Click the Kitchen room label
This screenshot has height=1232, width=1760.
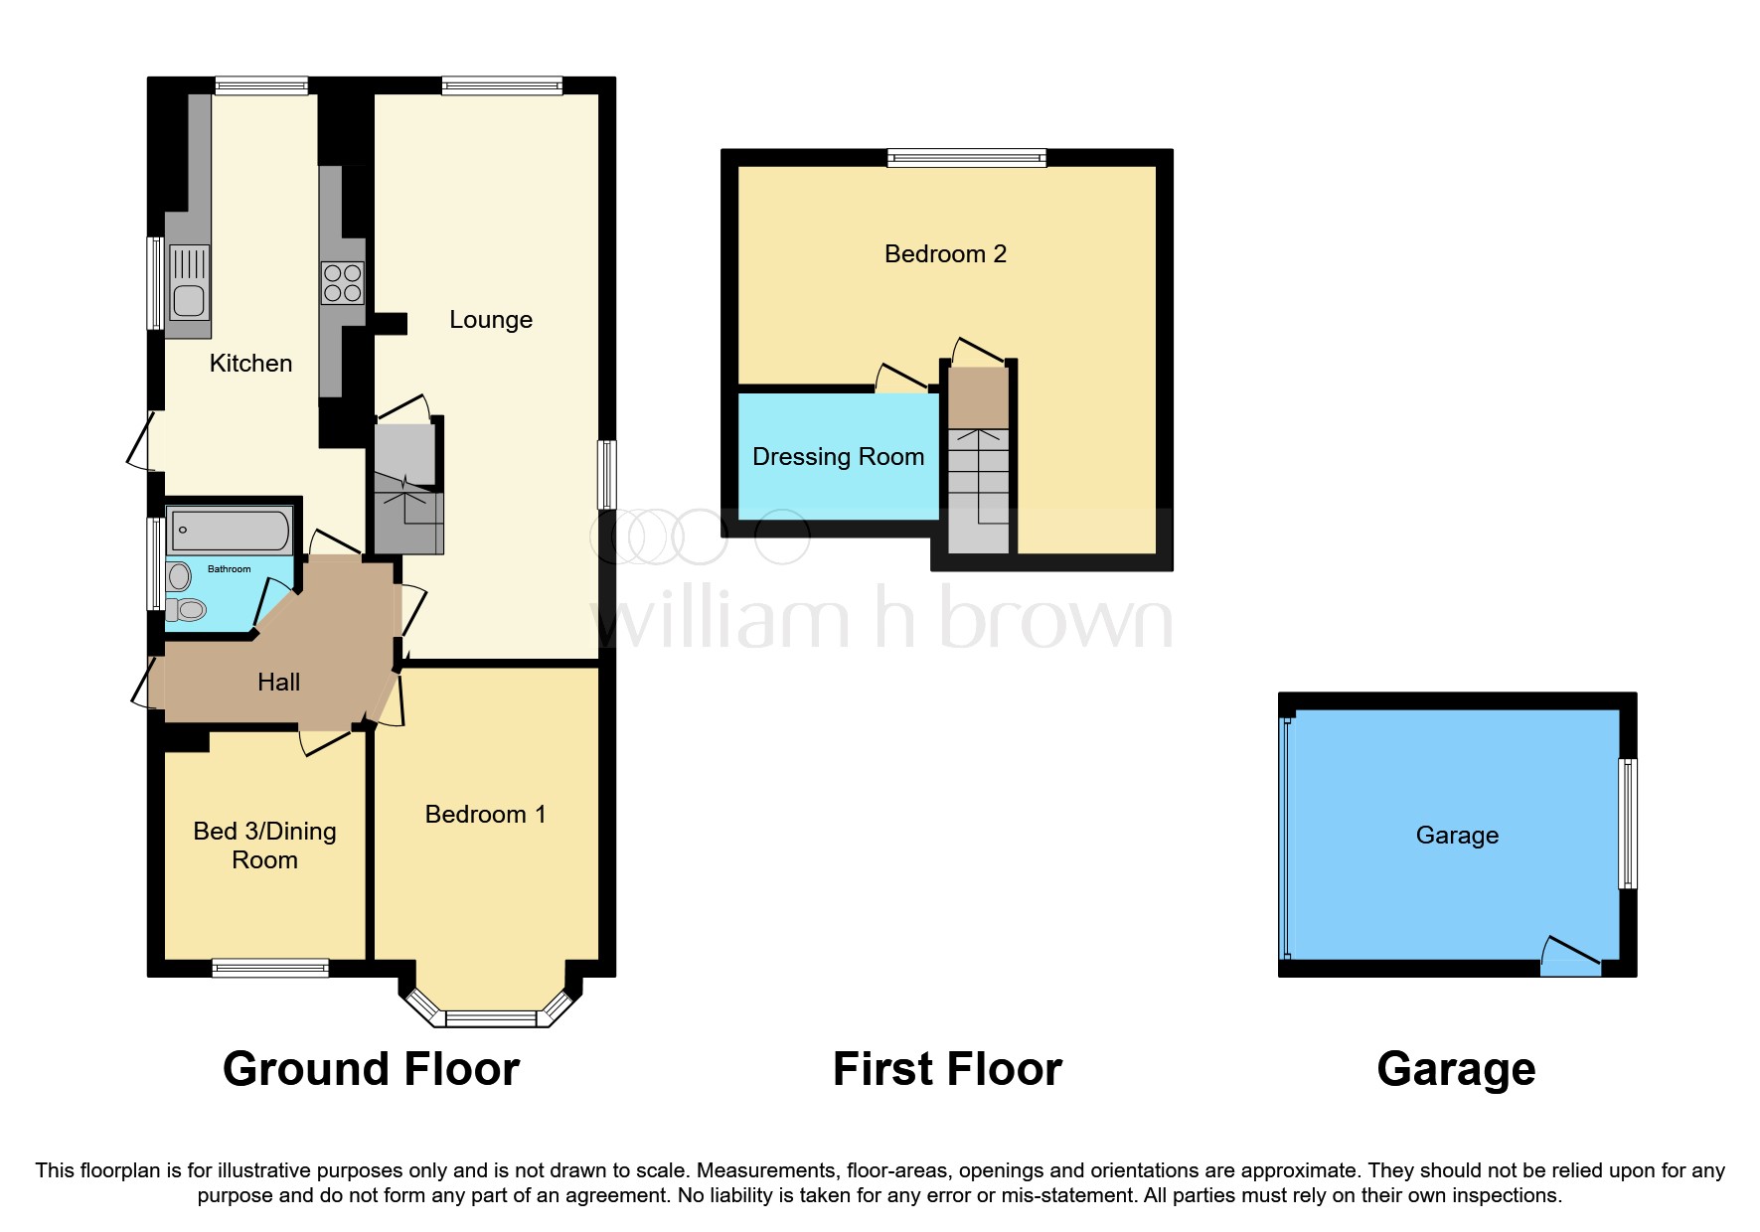pos(250,364)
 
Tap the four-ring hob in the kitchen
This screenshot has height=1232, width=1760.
pos(342,281)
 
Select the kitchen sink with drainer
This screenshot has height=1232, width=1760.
pos(188,282)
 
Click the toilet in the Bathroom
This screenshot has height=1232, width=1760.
pos(185,609)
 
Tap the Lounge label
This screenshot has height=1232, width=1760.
pos(491,320)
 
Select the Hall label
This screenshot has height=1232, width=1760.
pos(278,683)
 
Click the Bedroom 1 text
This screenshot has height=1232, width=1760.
pos(485,815)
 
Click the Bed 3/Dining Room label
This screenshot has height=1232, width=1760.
pos(264,846)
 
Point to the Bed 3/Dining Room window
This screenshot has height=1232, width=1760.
pos(270,968)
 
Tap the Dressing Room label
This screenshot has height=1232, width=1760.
pos(838,457)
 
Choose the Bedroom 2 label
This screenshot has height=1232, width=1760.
pos(945,254)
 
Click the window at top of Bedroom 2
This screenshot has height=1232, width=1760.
pos(967,157)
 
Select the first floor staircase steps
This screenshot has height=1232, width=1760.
pos(978,487)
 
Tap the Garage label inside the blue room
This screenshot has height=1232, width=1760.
pos(1457,836)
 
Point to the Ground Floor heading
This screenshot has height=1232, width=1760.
pos(371,1069)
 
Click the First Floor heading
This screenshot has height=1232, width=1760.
pos(947,1069)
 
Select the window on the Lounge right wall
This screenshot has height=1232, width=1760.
pos(606,475)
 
